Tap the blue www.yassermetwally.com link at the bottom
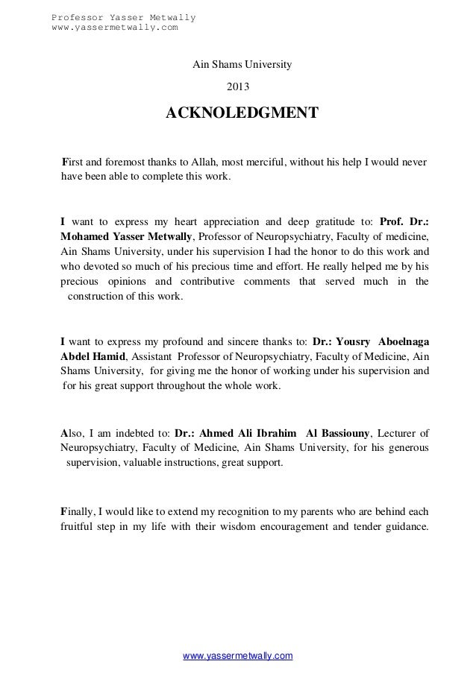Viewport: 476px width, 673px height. point(238,655)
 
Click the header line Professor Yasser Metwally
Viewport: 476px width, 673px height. point(123,17)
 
